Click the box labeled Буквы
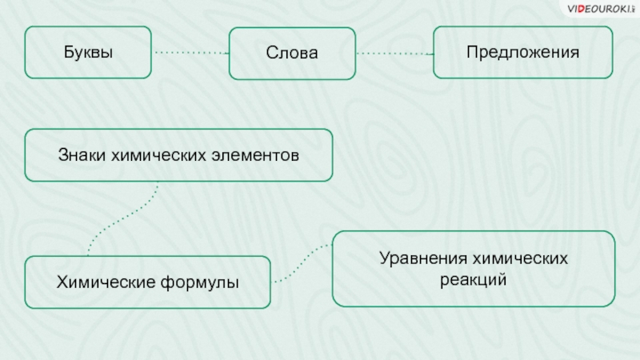[88, 53]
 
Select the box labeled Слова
[293, 54]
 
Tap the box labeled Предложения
[523, 52]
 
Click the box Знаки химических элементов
[178, 154]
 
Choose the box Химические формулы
[148, 282]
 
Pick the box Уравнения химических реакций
[474, 270]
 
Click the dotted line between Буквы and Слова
[190, 53]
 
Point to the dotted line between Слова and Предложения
[394, 54]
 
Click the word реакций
[474, 281]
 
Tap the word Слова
[293, 54]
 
